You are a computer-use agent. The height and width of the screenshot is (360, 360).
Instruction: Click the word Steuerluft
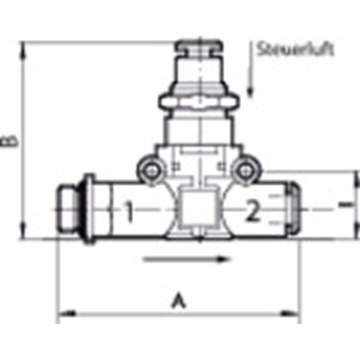click(295, 49)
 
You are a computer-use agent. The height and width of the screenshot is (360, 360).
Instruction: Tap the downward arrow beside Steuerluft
click(251, 69)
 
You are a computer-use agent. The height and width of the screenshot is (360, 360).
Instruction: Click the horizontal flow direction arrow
click(187, 259)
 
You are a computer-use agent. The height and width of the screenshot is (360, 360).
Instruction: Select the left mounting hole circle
click(151, 171)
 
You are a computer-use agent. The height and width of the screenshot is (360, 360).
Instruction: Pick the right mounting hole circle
click(245, 171)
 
